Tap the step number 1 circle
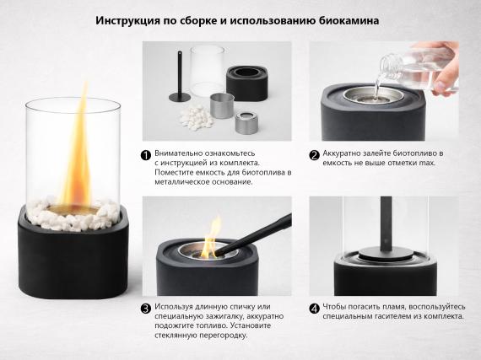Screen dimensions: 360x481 coord(146,155)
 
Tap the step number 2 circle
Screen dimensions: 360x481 coord(314,154)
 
